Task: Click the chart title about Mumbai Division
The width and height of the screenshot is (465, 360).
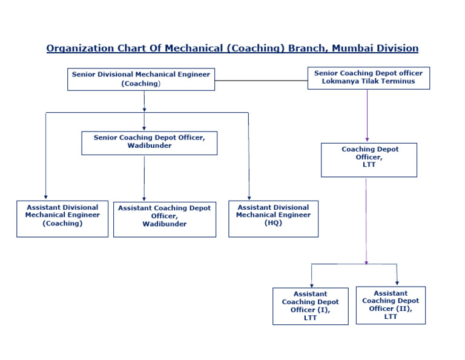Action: (232, 48)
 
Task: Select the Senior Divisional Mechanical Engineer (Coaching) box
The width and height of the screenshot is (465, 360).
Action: (140, 79)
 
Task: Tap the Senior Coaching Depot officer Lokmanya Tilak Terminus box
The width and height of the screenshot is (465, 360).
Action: (368, 78)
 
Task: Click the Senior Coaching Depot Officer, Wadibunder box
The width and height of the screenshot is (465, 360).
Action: (149, 142)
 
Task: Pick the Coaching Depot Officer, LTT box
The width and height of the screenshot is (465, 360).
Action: (369, 160)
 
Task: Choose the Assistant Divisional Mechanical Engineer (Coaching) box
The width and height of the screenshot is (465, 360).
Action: (62, 219)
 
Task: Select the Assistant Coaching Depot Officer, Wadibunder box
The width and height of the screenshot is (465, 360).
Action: (164, 219)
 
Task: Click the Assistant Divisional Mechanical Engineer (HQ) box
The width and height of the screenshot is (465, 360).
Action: (273, 219)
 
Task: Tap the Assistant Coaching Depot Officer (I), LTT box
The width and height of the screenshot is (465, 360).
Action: (310, 306)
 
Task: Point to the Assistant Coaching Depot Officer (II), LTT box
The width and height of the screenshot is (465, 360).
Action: (391, 305)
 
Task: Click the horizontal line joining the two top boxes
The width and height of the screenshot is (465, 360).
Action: (261, 80)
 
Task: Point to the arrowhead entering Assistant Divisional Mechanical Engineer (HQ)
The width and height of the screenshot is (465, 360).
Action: (249, 197)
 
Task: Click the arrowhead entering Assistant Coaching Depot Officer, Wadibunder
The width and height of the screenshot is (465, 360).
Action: (144, 198)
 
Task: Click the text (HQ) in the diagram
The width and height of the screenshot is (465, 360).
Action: (273, 223)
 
